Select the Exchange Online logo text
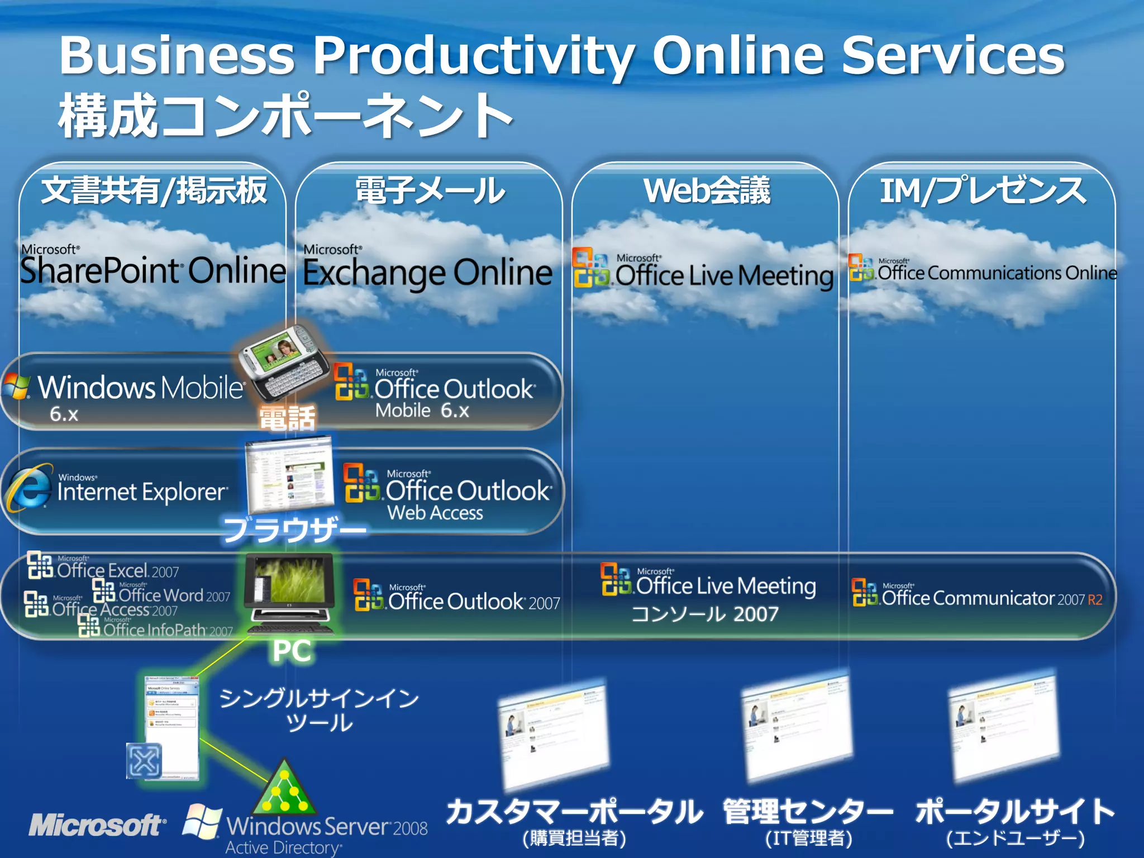click(427, 272)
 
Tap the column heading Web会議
click(707, 190)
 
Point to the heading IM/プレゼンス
click(983, 190)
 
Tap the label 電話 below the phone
click(288, 418)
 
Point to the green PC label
click(292, 651)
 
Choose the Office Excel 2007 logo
click(104, 568)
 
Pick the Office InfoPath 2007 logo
click(156, 628)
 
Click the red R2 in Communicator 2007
click(1095, 600)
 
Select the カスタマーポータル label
click(574, 812)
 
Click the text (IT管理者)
click(808, 838)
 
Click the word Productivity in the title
click(473, 56)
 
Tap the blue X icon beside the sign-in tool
click(144, 761)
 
